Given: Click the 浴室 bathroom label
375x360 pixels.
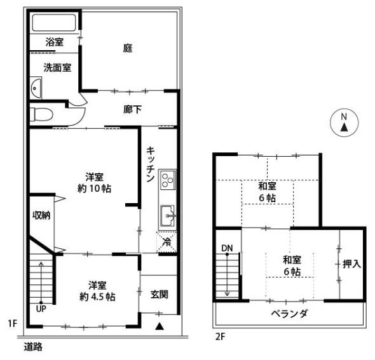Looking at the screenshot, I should click(x=55, y=43).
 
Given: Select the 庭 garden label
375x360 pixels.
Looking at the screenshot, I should click(x=127, y=47).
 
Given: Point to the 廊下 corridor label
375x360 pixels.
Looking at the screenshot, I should click(x=132, y=109).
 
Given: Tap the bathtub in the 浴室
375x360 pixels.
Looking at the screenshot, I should click(x=54, y=23).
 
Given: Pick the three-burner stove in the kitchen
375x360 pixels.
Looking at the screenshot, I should click(x=167, y=180).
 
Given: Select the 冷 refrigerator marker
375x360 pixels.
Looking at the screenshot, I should click(x=166, y=241).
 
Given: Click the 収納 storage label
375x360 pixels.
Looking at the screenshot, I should click(x=41, y=215).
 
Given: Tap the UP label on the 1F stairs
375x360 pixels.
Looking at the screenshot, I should click(x=41, y=309).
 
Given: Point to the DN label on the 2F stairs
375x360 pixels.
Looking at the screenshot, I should click(x=227, y=247).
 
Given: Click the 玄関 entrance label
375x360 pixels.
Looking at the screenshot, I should click(x=159, y=294).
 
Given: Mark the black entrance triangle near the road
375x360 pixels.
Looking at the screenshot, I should click(x=160, y=326).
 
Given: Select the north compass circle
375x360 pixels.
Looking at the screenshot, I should click(x=343, y=122).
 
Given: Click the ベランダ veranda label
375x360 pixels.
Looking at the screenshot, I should click(x=289, y=314).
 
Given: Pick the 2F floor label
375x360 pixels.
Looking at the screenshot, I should click(x=220, y=337).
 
